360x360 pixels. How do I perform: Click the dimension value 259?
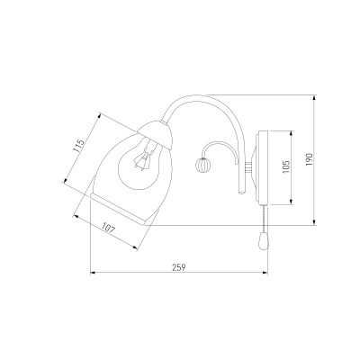click(179, 267)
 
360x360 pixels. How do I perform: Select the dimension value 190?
click(310, 159)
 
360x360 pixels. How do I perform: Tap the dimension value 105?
click(286, 166)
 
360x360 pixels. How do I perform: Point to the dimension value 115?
click(79, 146)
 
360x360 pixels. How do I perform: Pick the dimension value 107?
click(108, 229)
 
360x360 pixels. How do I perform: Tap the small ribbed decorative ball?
click(201, 165)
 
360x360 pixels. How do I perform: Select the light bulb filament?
click(144, 157)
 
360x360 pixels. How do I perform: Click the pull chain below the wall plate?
click(264, 219)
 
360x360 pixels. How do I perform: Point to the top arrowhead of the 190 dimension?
click(314, 98)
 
